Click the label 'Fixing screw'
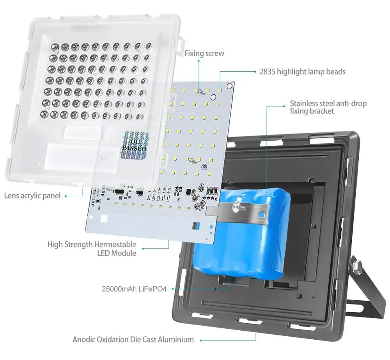coord(204,53)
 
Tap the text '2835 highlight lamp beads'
coord(302,72)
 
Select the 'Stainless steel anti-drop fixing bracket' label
coord(328,107)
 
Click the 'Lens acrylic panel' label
coord(32,195)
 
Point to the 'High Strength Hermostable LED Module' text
coord(92,249)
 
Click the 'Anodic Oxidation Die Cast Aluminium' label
coord(133,339)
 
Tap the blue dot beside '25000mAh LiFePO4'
coord(171,289)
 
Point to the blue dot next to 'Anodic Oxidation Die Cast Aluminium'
coord(200,340)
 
